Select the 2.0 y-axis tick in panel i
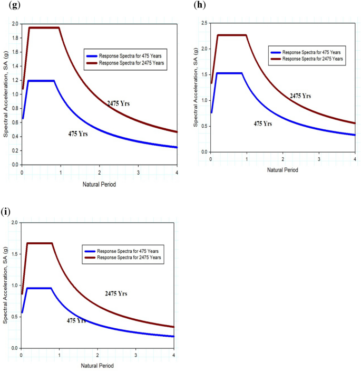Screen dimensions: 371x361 [x=14, y=223]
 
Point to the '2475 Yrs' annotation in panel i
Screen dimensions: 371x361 [x=116, y=293]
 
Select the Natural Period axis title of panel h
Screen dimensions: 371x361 [x=282, y=170]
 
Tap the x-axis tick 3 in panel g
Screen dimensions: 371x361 [x=138, y=173]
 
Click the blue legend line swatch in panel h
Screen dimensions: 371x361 [x=275, y=53]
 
